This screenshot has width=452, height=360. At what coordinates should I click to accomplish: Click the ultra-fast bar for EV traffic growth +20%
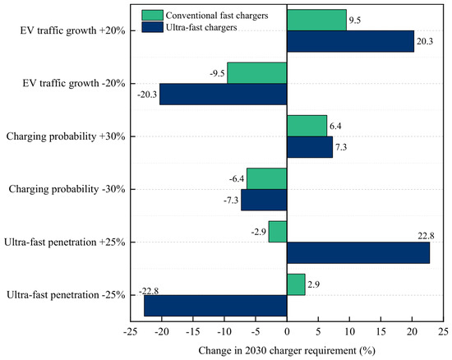tap(351, 41)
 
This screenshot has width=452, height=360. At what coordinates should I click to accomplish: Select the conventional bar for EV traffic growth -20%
tap(257, 73)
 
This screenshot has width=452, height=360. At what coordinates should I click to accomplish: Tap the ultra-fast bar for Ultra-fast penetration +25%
tap(358, 253)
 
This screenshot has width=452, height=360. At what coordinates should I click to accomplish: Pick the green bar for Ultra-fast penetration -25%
tap(296, 284)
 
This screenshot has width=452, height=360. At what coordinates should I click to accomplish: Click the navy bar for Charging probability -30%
tap(264, 200)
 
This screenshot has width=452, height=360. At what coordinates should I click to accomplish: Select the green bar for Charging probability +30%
tap(307, 126)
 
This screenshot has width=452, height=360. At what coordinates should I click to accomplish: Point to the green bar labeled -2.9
tap(278, 232)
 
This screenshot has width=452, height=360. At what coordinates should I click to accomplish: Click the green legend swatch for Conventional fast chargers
tap(153, 15)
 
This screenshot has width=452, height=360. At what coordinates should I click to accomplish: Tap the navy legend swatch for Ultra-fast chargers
tap(153, 27)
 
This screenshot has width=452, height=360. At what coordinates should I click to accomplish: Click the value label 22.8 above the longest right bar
tap(426, 236)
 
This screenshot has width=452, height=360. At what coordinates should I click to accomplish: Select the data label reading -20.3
tap(147, 95)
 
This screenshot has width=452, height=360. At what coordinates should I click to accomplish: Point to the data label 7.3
tap(341, 147)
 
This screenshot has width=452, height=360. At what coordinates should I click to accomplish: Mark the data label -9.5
tap(217, 73)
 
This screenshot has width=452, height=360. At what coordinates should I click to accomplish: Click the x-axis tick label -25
tap(131, 332)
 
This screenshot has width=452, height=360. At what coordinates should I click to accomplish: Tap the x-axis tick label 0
tap(287, 332)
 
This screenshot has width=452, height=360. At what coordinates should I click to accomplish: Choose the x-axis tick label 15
tap(381, 332)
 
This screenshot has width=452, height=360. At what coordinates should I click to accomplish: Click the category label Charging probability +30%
tap(66, 136)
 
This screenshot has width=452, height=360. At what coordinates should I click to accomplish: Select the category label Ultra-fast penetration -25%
tap(66, 295)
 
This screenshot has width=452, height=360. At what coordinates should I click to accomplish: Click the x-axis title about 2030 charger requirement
tap(287, 351)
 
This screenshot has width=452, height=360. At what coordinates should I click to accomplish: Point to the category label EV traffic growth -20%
tap(74, 84)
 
